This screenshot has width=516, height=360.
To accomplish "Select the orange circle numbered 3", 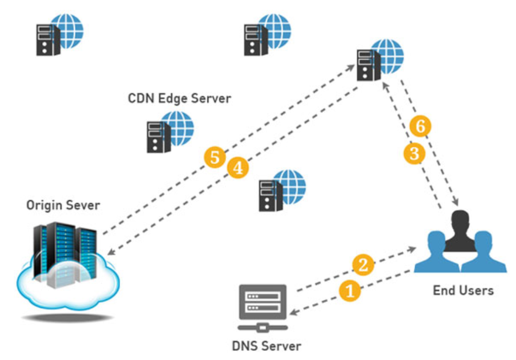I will click(414, 154).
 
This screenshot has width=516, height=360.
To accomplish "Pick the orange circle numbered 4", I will click(238, 168).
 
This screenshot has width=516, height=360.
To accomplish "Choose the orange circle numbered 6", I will click(420, 126).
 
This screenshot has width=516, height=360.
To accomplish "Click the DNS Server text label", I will click(266, 346).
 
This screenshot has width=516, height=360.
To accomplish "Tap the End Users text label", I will click(463, 290).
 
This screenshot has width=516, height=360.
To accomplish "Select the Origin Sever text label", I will click(63, 206).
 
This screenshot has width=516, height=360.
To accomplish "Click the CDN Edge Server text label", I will click(179, 99).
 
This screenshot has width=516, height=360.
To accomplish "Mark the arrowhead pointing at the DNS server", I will click(292, 313).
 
